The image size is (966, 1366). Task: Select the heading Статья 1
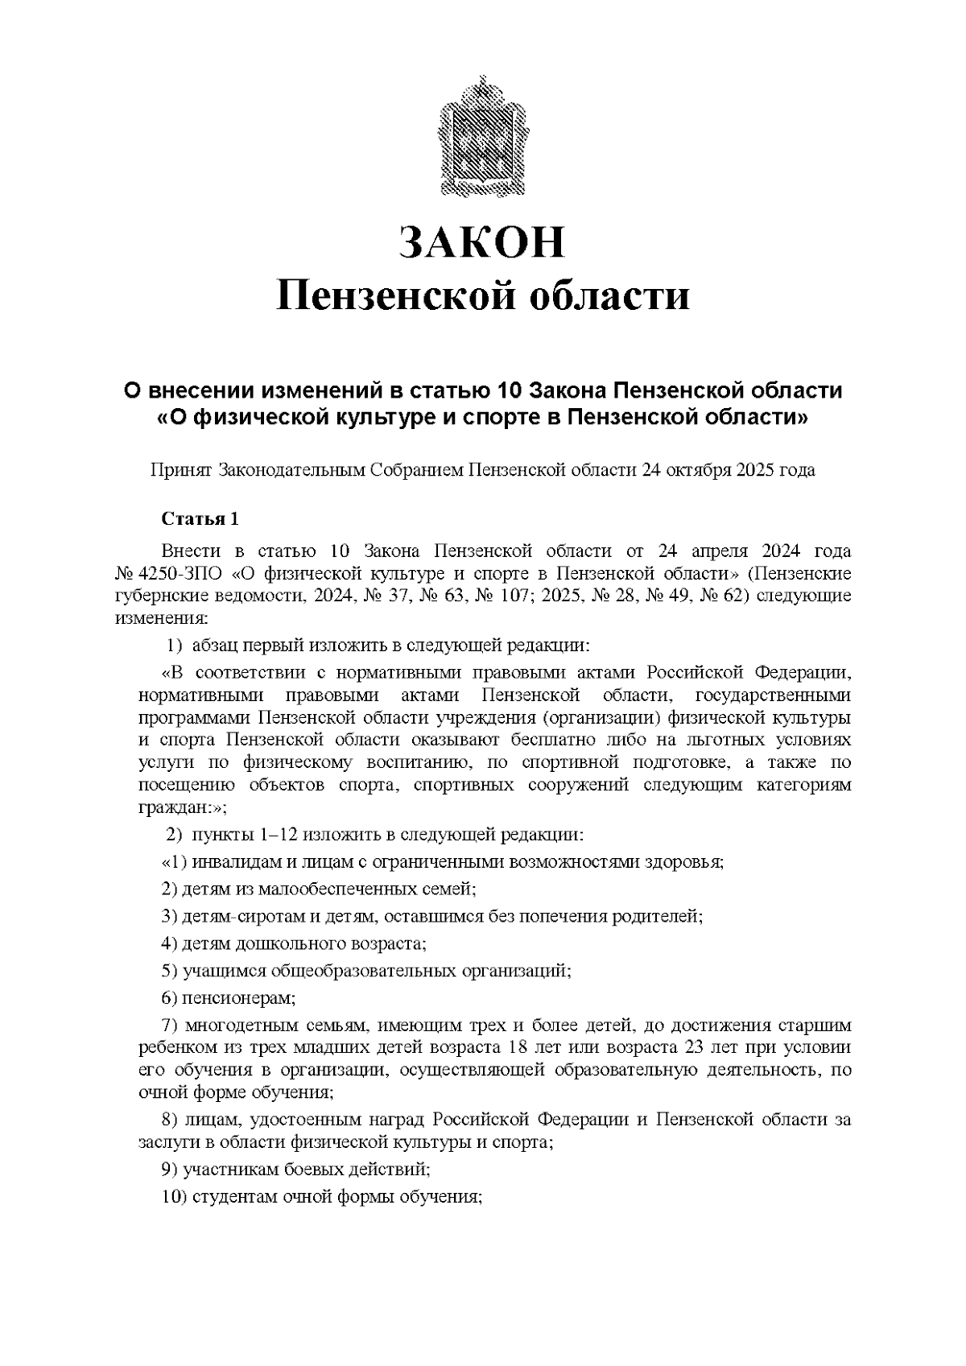[200, 519]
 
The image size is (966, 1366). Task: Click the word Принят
[182, 470]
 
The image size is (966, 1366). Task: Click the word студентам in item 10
[228, 1197]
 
